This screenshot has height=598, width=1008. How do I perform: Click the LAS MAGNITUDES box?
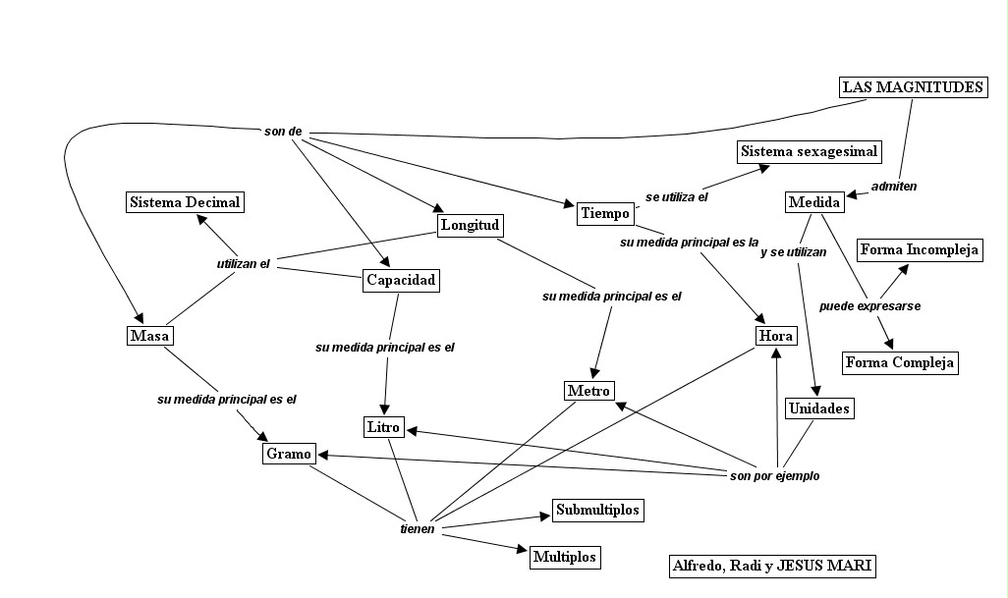tap(913, 87)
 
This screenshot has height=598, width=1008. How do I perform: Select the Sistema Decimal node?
tap(185, 202)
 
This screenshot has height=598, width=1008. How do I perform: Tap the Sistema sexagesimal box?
tap(809, 152)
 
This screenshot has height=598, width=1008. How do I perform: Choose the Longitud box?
tap(471, 226)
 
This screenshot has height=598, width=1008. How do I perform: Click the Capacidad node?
tap(400, 281)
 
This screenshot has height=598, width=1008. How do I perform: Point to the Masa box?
tap(150, 336)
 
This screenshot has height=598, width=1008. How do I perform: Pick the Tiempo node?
tap(604, 213)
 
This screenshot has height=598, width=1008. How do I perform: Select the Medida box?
tap(814, 203)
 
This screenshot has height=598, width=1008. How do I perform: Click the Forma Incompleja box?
tap(920, 249)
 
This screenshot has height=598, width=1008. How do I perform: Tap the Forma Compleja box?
tap(900, 362)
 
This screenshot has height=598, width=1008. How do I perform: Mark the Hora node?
tap(776, 336)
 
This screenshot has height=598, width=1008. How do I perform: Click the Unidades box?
tap(819, 408)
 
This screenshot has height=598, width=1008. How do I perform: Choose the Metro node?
tap(589, 391)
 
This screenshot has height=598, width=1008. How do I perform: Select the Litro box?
tap(383, 427)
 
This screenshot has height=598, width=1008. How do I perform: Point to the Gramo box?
tap(289, 454)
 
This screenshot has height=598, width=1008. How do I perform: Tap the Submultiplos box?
tap(597, 510)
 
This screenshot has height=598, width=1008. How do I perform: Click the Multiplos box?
tap(564, 557)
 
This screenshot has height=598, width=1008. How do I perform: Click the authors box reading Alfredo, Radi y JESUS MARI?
tap(771, 566)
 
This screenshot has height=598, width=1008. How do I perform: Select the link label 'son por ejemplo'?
tap(774, 476)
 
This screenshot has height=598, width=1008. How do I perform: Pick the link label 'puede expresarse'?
tap(869, 306)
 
